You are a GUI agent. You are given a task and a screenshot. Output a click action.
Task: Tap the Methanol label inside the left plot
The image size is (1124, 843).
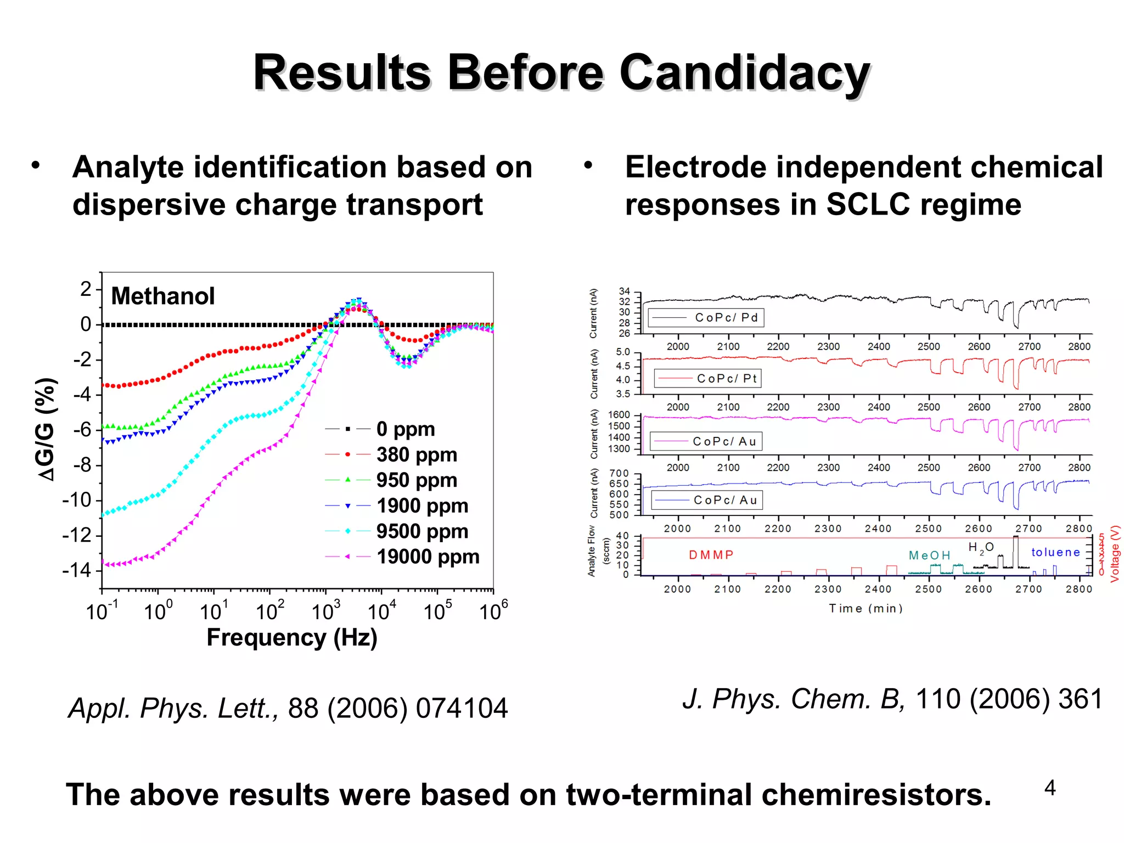pyautogui.click(x=162, y=296)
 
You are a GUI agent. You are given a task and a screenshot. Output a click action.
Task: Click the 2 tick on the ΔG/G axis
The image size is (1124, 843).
pyautogui.click(x=86, y=289)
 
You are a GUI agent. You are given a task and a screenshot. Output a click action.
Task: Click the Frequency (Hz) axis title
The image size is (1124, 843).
pyautogui.click(x=292, y=638)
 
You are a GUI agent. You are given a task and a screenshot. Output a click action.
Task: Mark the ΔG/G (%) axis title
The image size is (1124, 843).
pyautogui.click(x=46, y=429)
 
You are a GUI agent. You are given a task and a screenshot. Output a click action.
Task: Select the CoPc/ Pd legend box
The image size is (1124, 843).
pyautogui.click(x=706, y=318)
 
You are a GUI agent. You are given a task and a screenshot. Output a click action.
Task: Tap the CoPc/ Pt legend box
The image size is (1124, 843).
pyautogui.click(x=707, y=379)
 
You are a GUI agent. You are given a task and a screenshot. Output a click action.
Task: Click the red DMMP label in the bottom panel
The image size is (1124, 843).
pyautogui.click(x=711, y=555)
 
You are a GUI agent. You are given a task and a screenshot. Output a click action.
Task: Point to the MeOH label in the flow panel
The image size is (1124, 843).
pyautogui.click(x=929, y=555)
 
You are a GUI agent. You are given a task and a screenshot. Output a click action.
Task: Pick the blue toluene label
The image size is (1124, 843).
pyautogui.click(x=1055, y=552)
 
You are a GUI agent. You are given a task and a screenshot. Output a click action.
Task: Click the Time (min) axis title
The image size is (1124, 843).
pyautogui.click(x=866, y=609)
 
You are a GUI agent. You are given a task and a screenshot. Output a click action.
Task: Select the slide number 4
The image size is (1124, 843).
pyautogui.click(x=1049, y=788)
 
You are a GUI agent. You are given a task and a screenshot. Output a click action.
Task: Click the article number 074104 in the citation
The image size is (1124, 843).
pyautogui.click(x=462, y=709)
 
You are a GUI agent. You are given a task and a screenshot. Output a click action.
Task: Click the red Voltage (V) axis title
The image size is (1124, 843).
pyautogui.click(x=1115, y=554)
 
